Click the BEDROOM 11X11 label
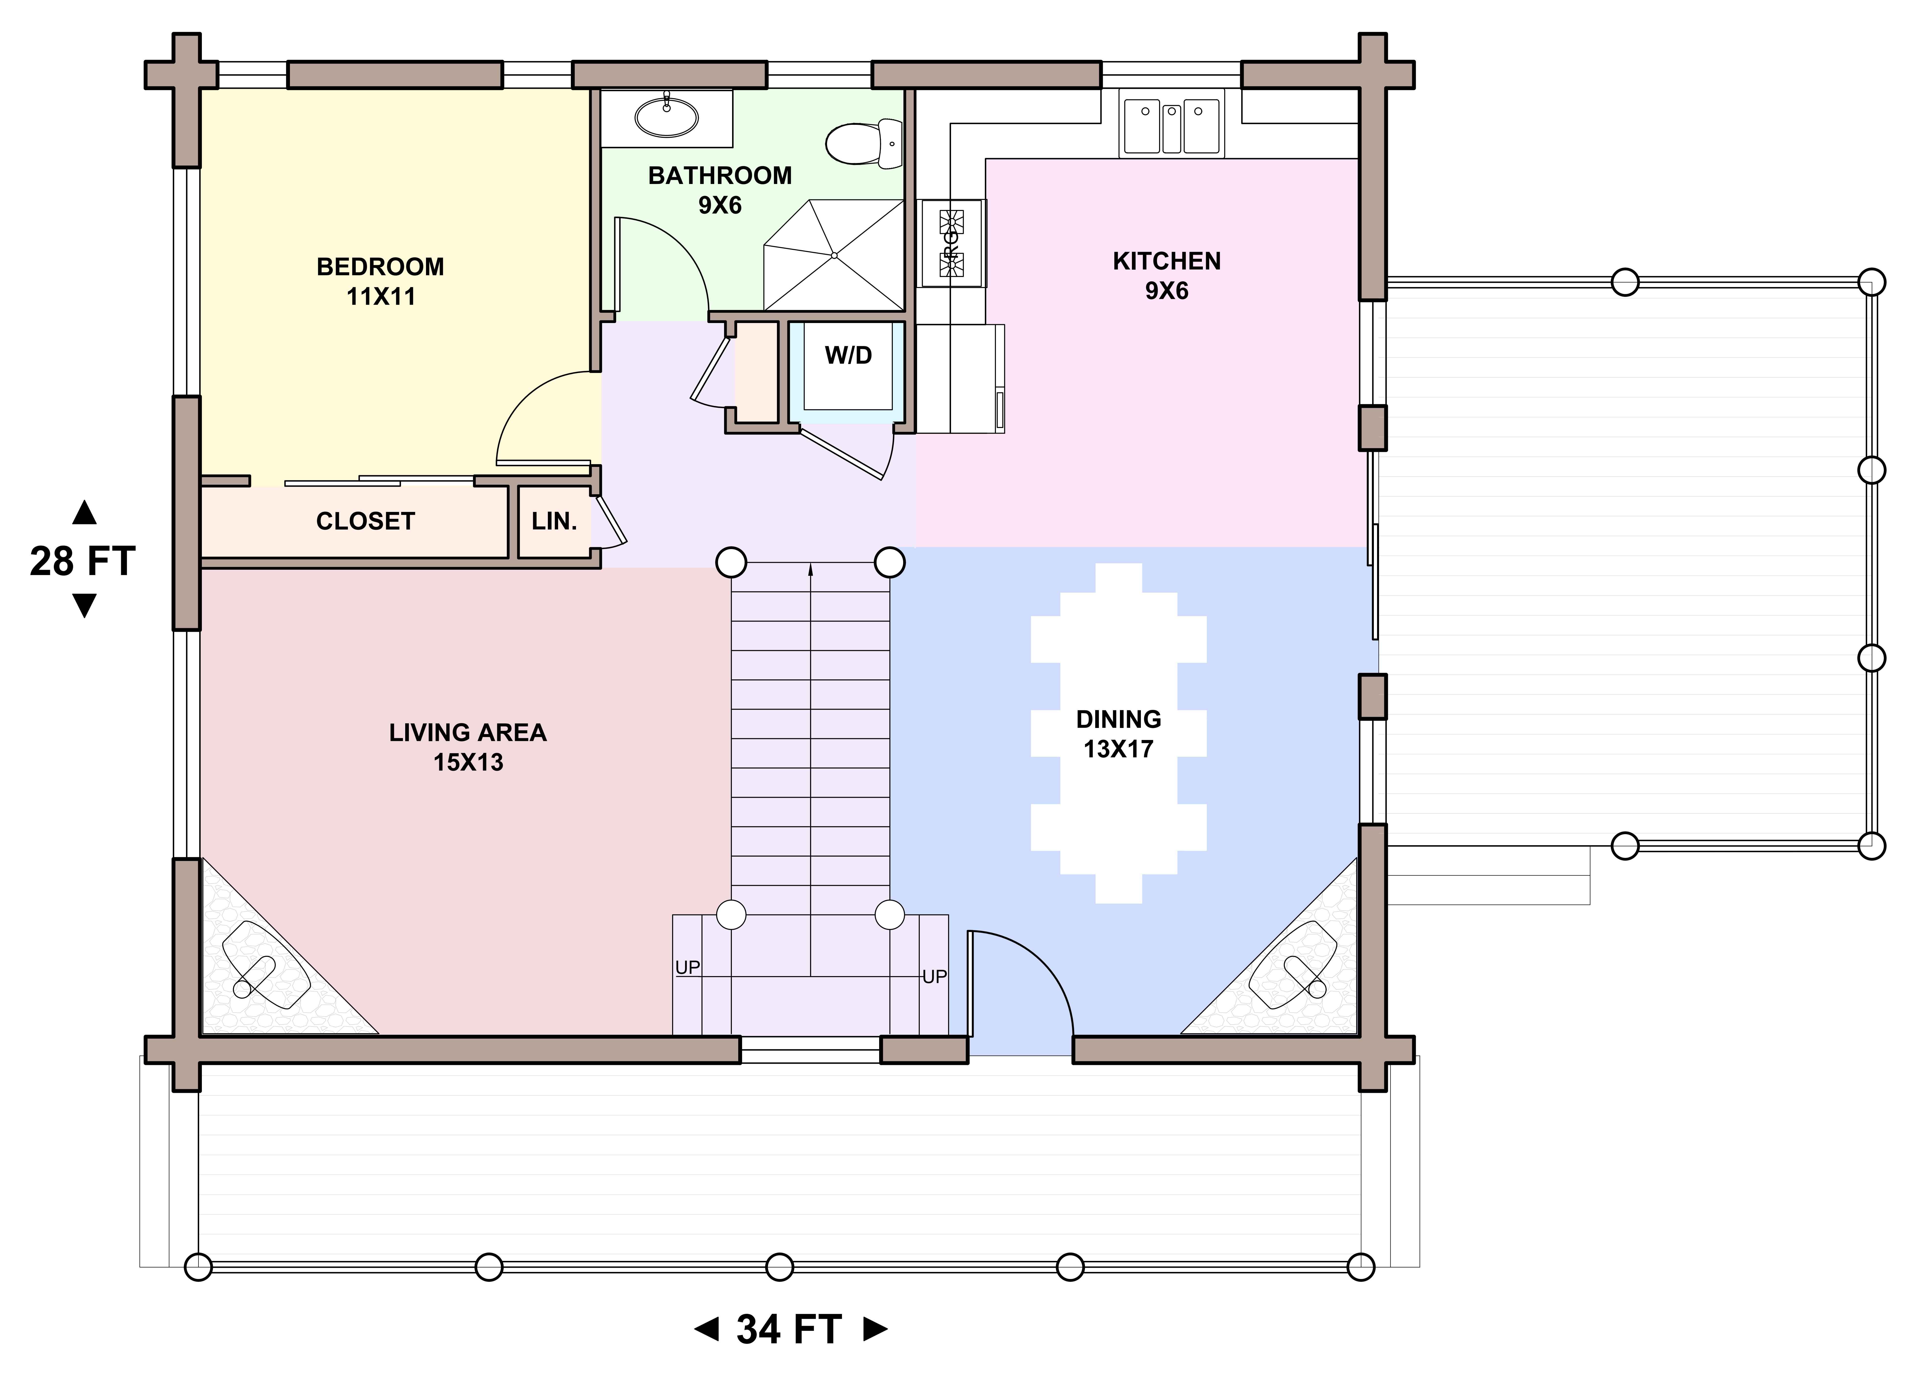(x=381, y=281)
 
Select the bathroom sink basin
(x=666, y=116)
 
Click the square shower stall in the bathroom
(x=834, y=255)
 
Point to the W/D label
(x=848, y=356)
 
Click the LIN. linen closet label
(x=554, y=521)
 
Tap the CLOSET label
(x=366, y=521)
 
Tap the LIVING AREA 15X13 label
(x=468, y=747)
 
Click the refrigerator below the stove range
(x=960, y=379)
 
